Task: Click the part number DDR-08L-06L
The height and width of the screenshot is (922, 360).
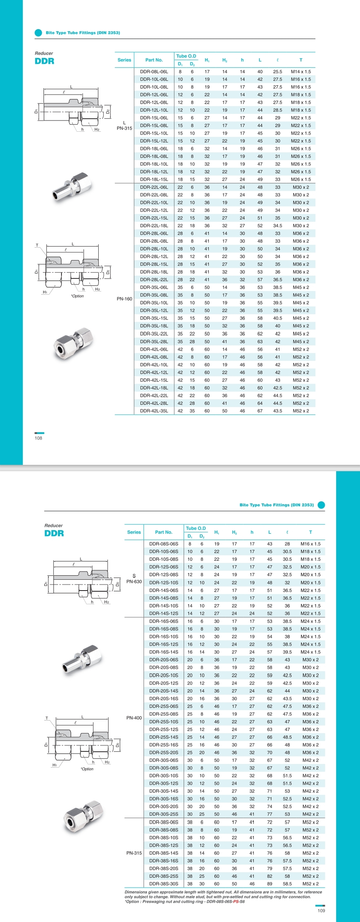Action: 154,72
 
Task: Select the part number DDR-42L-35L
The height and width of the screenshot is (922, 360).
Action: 154,411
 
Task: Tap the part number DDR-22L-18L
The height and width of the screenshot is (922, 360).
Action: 154,226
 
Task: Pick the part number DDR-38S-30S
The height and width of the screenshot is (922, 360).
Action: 163,883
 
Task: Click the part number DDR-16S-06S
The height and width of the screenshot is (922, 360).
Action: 163,621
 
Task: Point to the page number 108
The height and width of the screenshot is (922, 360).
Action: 39,438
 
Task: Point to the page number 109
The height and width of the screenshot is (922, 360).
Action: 321,910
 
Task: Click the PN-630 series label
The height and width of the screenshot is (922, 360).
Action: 134,582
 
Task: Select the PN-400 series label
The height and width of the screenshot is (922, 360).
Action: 134,718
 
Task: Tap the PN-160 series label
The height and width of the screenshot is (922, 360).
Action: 124,299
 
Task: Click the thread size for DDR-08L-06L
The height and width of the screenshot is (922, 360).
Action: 301,72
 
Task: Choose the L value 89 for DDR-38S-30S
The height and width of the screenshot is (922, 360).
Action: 270,883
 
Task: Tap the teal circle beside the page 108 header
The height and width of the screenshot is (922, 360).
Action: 39,33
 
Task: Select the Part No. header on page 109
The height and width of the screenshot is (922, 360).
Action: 163,532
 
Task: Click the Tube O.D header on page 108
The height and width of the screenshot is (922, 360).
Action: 186,56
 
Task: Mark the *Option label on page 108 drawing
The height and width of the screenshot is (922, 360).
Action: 77,296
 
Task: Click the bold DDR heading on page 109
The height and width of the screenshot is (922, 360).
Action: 54,533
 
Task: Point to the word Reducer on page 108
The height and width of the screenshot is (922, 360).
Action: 44,53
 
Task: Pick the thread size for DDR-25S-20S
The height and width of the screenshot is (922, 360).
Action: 310,752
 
